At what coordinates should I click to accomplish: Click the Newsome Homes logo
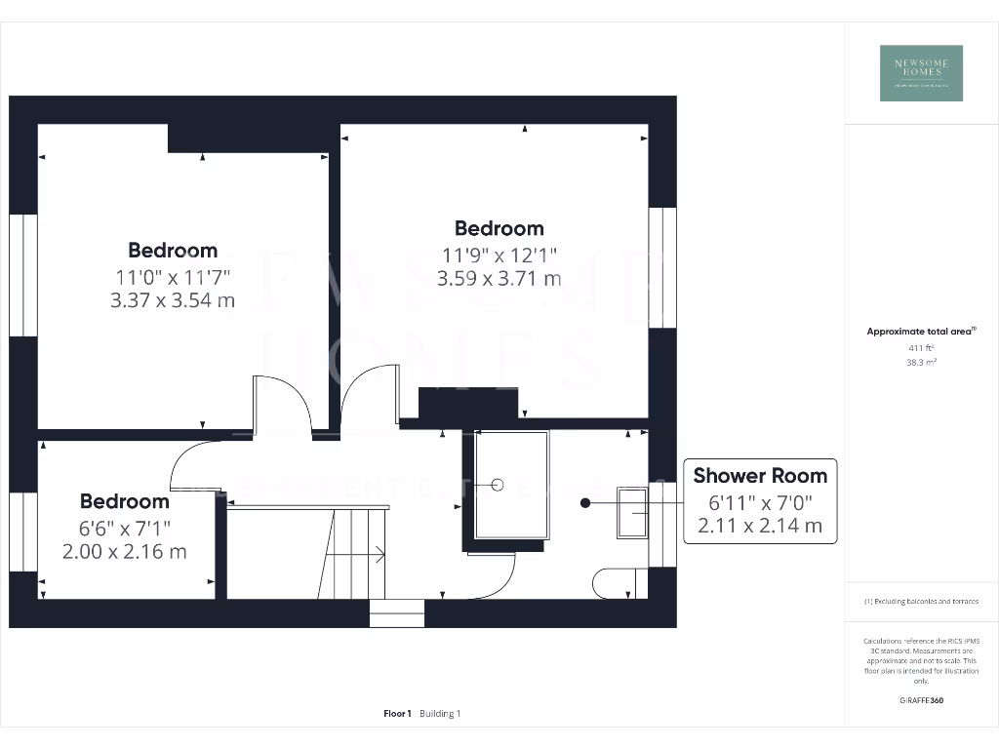coord(921,73)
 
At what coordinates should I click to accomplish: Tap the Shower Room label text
coord(760,476)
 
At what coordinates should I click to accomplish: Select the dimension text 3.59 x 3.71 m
coord(499,279)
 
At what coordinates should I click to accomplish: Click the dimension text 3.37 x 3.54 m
coord(173,300)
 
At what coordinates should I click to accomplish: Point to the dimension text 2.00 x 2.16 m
coord(124,552)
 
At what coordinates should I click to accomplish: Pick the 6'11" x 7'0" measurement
coord(760,503)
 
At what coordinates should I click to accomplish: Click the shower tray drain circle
coord(498,484)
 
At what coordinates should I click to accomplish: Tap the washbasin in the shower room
coord(632,511)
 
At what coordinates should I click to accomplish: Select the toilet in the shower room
coord(618,583)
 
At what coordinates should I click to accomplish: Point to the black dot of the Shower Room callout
coord(585,503)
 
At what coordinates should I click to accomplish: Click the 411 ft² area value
coord(921,347)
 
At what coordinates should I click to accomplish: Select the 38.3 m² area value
coord(921,361)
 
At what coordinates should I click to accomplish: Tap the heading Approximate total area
coord(920,332)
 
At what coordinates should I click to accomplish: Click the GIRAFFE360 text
coord(921,700)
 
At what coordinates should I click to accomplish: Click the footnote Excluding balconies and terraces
coord(921,602)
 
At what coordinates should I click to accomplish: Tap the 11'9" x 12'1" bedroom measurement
coord(499,255)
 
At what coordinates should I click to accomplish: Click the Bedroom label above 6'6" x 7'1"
coord(124,501)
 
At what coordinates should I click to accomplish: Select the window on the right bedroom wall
coord(662,267)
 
